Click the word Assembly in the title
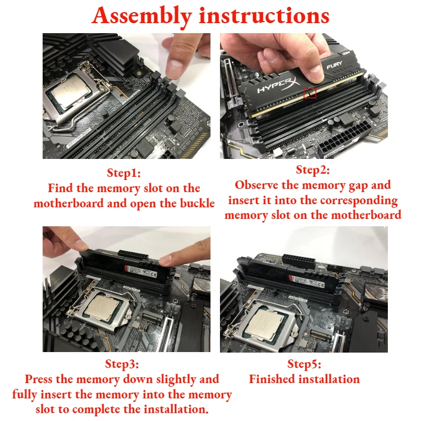[142, 16]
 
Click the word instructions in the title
[264, 16]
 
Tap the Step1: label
[124, 173]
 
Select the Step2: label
[313, 169]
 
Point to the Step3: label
[122, 364]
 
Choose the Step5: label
[304, 364]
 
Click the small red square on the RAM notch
[310, 93]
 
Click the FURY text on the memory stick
[334, 64]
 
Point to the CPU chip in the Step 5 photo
[267, 324]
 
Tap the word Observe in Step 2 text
[256, 185]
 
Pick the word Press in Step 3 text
[39, 379]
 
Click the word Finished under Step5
[272, 379]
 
